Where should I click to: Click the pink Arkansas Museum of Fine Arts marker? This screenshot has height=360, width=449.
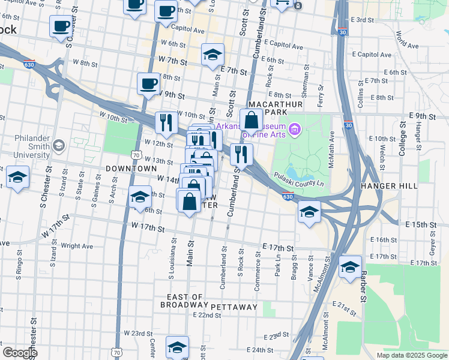point(294,129)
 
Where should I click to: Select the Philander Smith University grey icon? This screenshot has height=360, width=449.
point(58,146)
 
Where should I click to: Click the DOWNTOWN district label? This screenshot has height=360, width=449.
point(131,169)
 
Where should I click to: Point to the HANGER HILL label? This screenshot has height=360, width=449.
point(388,186)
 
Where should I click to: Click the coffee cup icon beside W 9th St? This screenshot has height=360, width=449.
point(148,84)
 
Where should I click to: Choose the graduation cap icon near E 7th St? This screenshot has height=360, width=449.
point(212,55)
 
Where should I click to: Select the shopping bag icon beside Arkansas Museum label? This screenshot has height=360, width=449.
point(251,120)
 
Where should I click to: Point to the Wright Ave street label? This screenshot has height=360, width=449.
point(77,246)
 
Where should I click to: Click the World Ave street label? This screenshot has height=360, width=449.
point(407,37)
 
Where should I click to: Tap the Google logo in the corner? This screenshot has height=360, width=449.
point(19,353)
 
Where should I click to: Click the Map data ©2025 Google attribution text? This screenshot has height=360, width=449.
point(411,355)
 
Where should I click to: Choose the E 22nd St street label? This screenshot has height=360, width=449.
point(207,315)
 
